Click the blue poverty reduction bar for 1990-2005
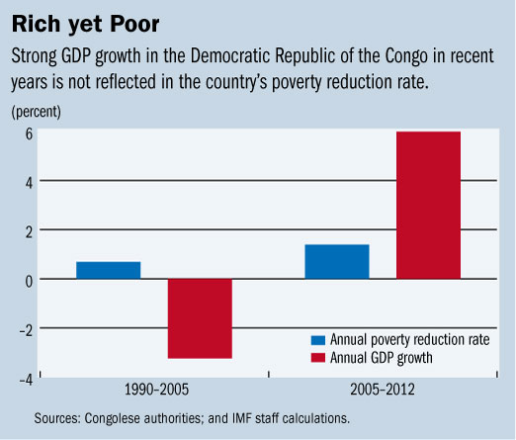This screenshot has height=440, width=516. pos(108,270)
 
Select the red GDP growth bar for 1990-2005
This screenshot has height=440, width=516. pos(199,318)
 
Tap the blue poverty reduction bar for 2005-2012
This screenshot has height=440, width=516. pos(336,261)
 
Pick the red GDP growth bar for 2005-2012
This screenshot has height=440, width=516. pos(428,205)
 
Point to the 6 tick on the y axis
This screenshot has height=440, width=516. pos(30,133)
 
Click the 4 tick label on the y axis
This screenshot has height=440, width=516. pos(30,182)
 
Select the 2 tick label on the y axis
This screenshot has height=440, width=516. pos(30,230)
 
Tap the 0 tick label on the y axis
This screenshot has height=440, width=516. pos(30,280)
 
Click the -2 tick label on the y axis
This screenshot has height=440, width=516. pos(27,328)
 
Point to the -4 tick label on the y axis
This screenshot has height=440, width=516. pos(27,378)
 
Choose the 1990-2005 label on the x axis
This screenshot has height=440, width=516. pos(154,393)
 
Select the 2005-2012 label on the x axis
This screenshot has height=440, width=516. pos(383,393)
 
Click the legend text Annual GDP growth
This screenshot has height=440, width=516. pos(382,357)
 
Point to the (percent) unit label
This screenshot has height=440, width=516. pos(38,111)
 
